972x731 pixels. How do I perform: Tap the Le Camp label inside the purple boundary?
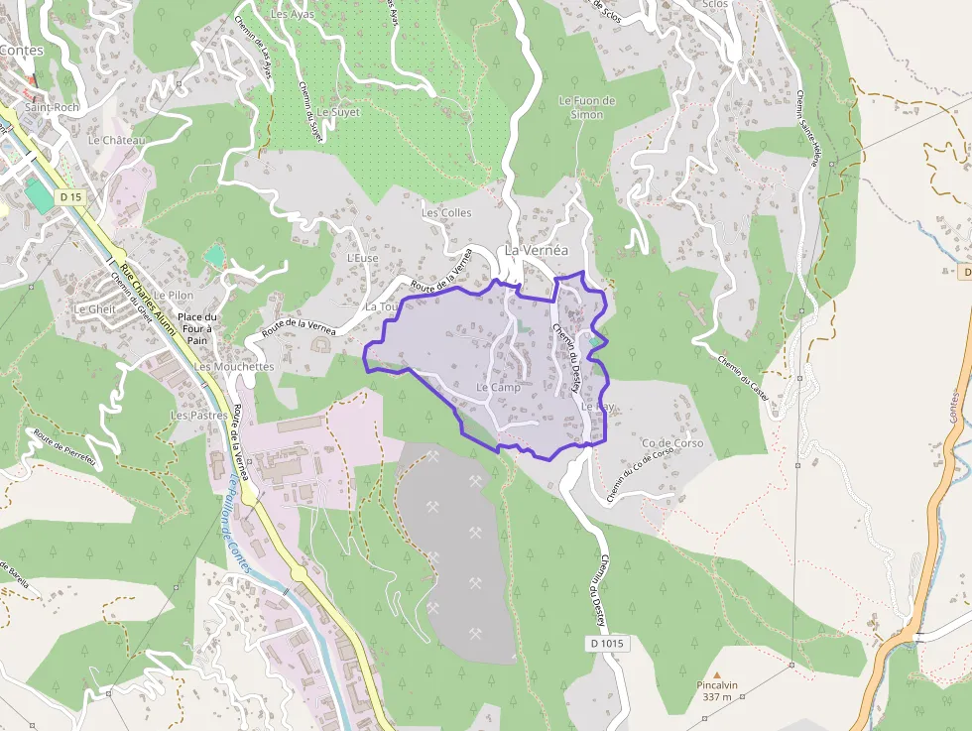pos(498,387)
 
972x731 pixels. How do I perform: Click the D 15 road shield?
pos(69,197)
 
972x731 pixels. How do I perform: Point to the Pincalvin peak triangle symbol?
pos(716,673)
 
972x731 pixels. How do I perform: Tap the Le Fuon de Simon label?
pos(587,107)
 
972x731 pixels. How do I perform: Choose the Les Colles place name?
pos(446,212)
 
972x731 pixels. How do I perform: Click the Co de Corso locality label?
pos(672,443)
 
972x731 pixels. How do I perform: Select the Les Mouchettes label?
pos(234,366)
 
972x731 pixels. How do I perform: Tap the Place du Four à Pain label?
pos(198,327)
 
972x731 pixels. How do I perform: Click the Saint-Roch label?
pos(52,107)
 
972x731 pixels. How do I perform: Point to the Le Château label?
pos(116,140)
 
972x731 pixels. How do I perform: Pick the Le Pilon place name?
pos(174,295)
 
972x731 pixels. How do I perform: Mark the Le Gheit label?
pos(95,308)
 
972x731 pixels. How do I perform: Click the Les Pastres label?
pos(199,415)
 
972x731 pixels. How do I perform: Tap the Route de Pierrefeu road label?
pos(63,447)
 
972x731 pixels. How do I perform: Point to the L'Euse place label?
pos(363,257)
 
